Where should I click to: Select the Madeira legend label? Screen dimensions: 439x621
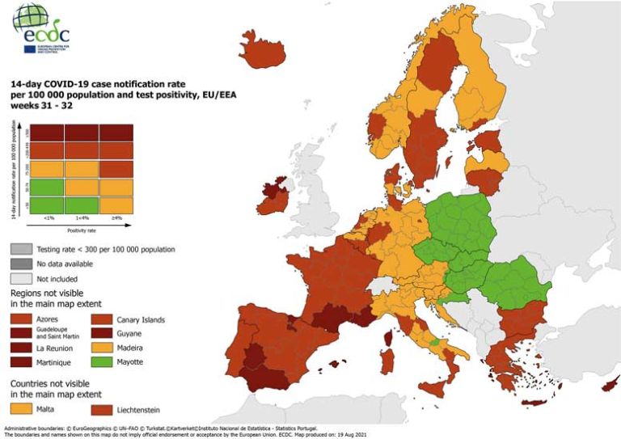coord(134,348)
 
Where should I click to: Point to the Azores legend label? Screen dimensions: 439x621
coord(48,319)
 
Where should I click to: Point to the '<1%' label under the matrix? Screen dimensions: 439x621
coord(49,218)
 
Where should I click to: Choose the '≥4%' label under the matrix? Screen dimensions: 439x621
coord(116,218)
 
